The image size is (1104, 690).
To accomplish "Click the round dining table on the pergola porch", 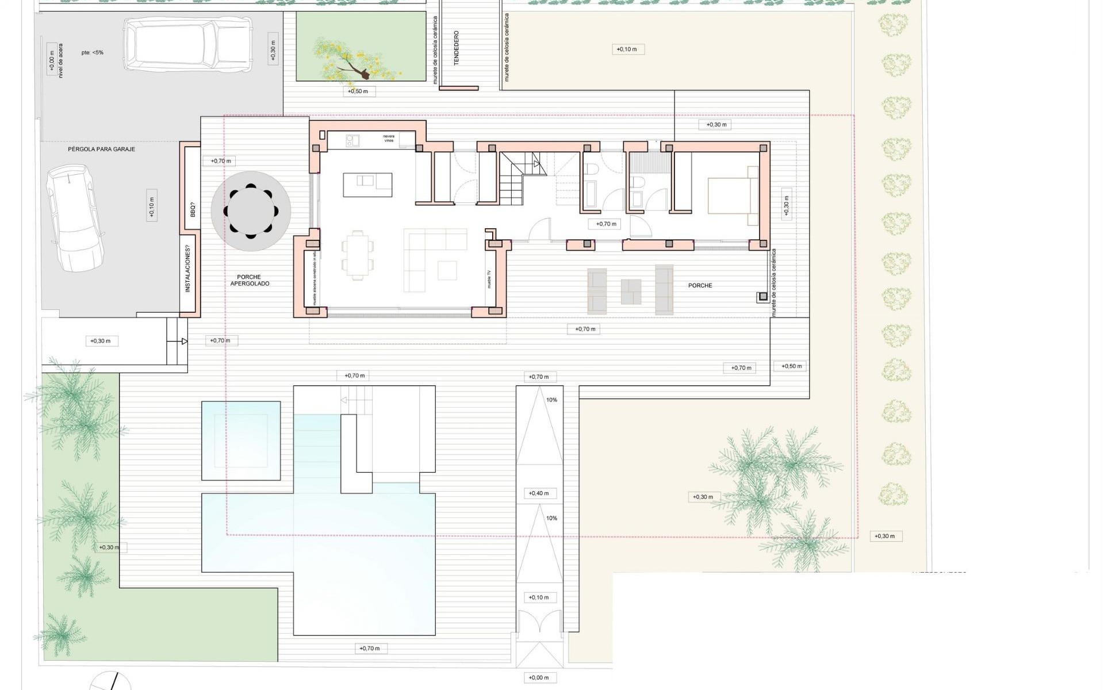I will [x=251, y=210].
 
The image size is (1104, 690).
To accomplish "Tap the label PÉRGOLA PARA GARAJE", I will [x=102, y=149].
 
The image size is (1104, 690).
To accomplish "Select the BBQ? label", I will [x=193, y=209].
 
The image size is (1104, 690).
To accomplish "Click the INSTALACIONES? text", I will [x=187, y=269].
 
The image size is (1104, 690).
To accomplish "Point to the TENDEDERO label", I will [x=457, y=48].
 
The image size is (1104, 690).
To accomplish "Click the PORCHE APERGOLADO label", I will [x=250, y=280].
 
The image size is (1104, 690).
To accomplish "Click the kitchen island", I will [x=367, y=185].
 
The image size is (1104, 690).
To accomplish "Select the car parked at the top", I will [x=187, y=44].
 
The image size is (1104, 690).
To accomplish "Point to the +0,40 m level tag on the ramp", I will [x=539, y=493].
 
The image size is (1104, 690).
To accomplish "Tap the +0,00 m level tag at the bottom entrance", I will [x=539, y=677].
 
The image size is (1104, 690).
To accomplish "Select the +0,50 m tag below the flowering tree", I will [x=358, y=91].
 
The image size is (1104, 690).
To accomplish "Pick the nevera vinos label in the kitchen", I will [x=389, y=139].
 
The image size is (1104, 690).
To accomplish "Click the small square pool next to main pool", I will [x=241, y=440].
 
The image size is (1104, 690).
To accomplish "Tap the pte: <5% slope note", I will [x=93, y=52].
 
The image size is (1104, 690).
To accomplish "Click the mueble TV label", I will [x=489, y=279].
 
